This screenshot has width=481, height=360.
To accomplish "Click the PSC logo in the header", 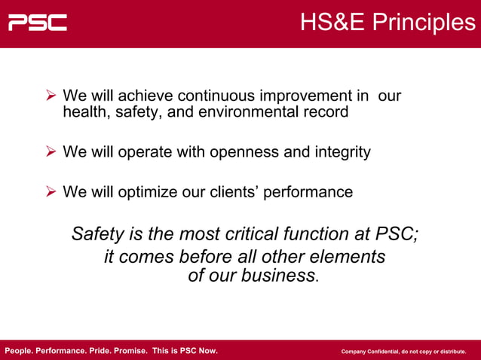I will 38,23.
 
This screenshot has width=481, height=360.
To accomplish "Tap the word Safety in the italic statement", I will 97,233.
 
